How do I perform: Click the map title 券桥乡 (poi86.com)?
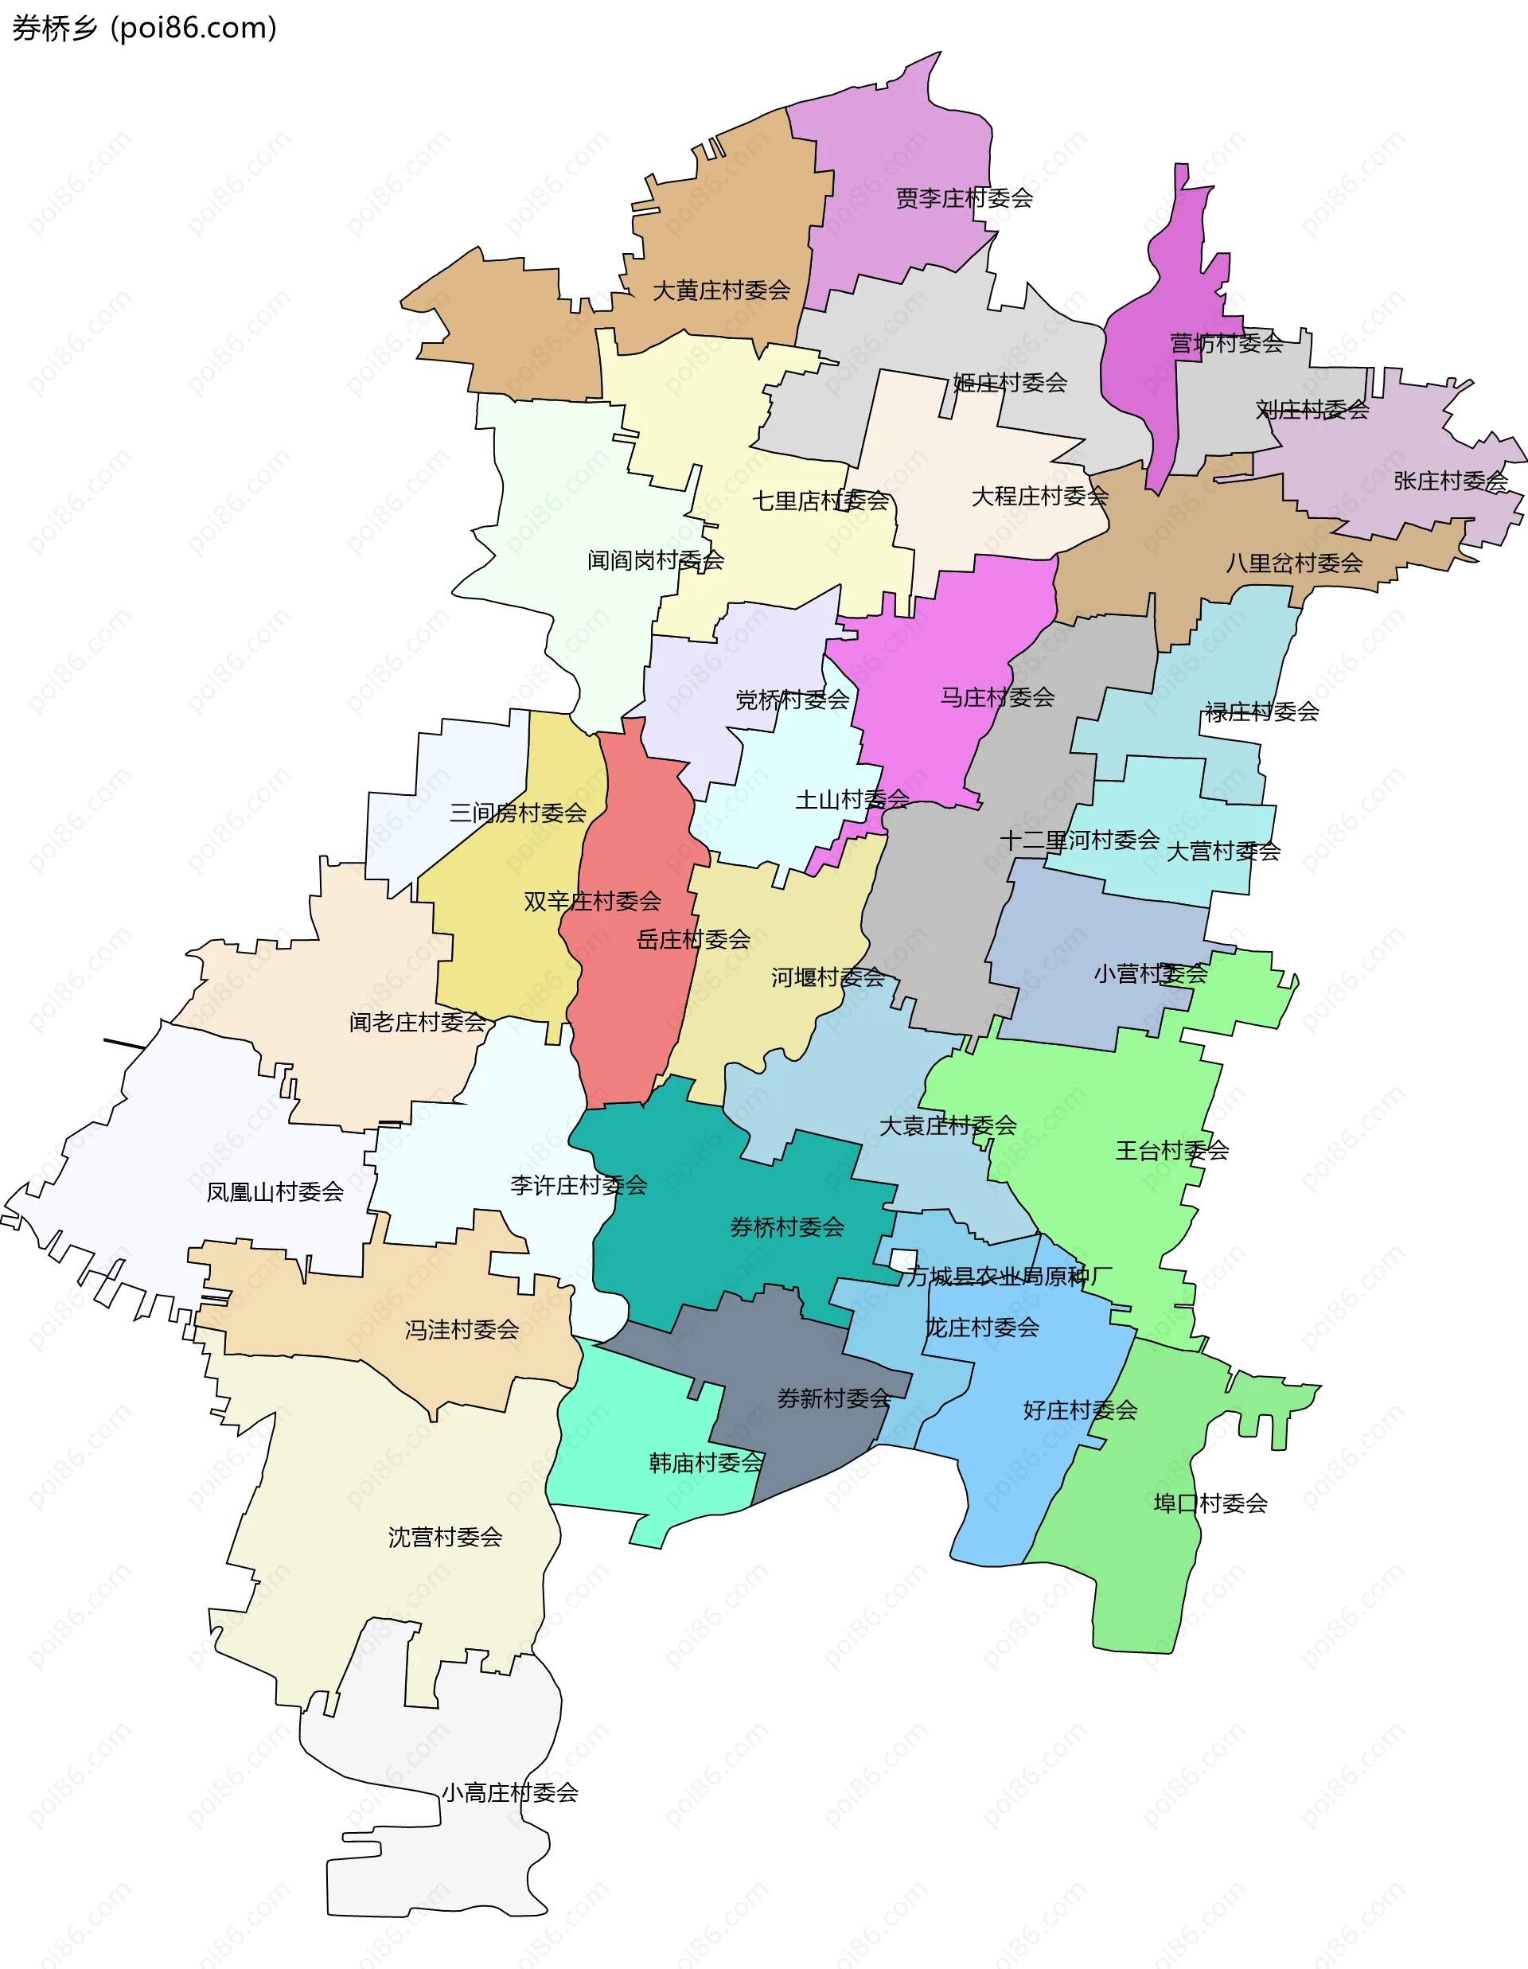point(144,29)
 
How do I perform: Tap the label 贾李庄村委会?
point(964,198)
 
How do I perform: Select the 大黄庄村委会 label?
point(721,290)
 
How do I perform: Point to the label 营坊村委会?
point(1226,344)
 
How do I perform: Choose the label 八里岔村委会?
point(1293,563)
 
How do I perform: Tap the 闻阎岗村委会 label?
point(656,561)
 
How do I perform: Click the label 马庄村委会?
point(997,697)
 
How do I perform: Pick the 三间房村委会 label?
point(518,813)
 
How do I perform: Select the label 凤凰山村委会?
point(275,1192)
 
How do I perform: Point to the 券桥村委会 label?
point(787,1227)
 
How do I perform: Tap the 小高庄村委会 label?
point(509,1792)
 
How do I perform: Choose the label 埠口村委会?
point(1210,1503)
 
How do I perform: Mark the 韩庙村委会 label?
point(706,1462)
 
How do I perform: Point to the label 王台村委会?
point(1172,1150)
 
